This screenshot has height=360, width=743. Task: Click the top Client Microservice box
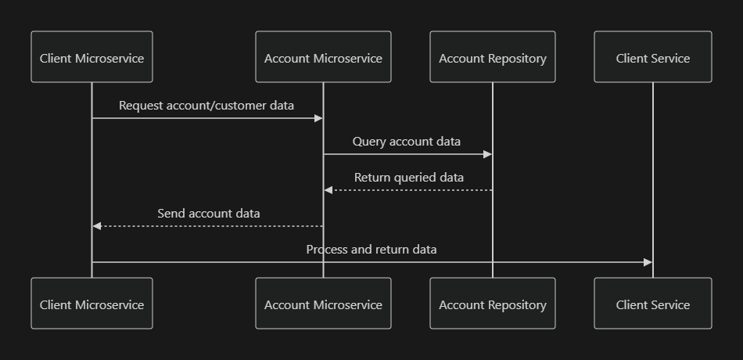coord(92,57)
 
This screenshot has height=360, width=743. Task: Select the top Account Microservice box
coord(323,57)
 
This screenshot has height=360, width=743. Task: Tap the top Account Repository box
coord(493,57)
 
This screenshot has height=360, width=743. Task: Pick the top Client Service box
coord(653,57)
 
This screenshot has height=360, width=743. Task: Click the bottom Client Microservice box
coord(92,304)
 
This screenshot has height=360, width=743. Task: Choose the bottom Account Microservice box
coord(323,304)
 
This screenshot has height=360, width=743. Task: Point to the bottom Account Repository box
coord(493,304)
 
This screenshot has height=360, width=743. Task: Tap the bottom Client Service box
coord(653,304)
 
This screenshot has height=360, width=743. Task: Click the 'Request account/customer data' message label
coord(206,105)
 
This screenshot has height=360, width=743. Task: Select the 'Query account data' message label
coord(407,142)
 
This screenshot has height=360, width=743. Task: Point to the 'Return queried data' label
coord(408,178)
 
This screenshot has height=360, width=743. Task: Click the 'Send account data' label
coord(209,214)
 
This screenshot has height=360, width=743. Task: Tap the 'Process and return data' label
coord(371,250)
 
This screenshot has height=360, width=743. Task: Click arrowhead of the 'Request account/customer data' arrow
coord(318,118)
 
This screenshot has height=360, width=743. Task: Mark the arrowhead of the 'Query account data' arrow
coord(488,154)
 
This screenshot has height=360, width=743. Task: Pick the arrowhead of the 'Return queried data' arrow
coord(328,190)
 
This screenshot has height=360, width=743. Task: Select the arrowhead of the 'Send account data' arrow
coord(97,226)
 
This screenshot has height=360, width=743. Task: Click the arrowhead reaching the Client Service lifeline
coord(648,262)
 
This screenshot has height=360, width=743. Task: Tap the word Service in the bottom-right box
coord(670,304)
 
